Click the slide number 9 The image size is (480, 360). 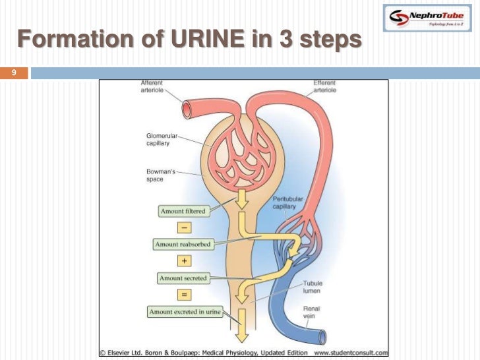(12, 73)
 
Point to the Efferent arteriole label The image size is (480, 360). (324, 86)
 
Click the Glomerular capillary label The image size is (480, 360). (161, 140)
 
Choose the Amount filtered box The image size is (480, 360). (183, 211)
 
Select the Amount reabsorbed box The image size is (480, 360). (183, 245)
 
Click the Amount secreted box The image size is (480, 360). (183, 278)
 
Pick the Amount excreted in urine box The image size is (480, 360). (185, 312)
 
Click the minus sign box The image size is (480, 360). (184, 227)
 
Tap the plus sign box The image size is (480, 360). (184, 261)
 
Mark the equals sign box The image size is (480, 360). (184, 295)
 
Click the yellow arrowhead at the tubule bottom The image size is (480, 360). (241, 335)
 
